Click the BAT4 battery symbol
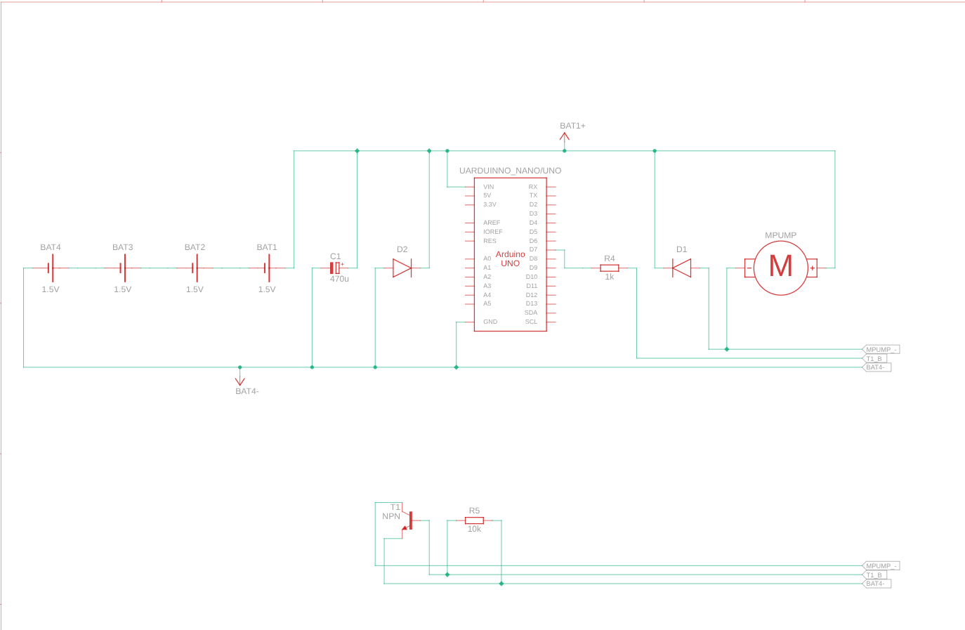click(x=51, y=268)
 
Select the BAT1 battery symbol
click(x=267, y=268)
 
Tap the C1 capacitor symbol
click(x=335, y=268)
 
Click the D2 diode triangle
click(x=402, y=268)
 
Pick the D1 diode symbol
click(x=681, y=268)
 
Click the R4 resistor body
click(x=610, y=268)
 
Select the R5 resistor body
click(x=474, y=520)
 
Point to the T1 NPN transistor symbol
click(x=407, y=520)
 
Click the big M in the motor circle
click(x=780, y=266)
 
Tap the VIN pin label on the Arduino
click(x=489, y=187)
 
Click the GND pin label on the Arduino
click(x=490, y=322)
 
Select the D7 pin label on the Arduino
click(x=533, y=249)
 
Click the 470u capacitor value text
click(x=339, y=280)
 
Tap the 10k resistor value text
click(x=474, y=529)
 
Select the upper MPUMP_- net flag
click(x=881, y=350)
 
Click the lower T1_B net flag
click(x=874, y=575)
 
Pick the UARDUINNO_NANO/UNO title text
click(x=510, y=171)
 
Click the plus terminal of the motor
click(x=812, y=268)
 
